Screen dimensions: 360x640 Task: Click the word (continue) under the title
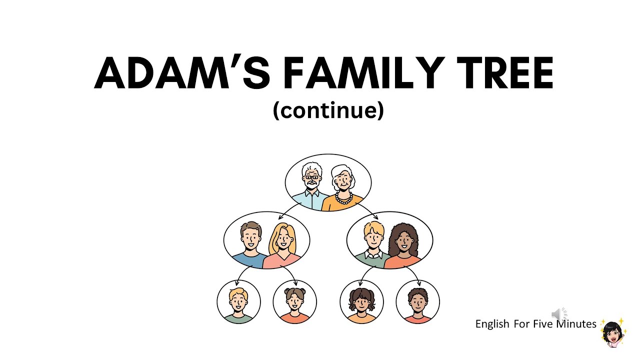[x=328, y=110]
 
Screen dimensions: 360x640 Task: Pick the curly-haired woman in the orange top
[x=403, y=245]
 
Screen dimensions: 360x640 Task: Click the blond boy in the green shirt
[x=238, y=302]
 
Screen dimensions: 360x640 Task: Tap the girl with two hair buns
[x=294, y=302]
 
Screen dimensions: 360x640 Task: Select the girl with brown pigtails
[x=361, y=302]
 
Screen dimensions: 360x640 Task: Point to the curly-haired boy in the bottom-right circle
[x=417, y=302]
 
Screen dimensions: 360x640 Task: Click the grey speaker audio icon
[x=558, y=314]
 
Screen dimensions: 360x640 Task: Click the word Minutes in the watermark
[x=576, y=324]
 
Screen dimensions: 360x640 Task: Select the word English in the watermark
[x=492, y=324]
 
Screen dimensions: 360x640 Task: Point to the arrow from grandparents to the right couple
[x=368, y=210]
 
